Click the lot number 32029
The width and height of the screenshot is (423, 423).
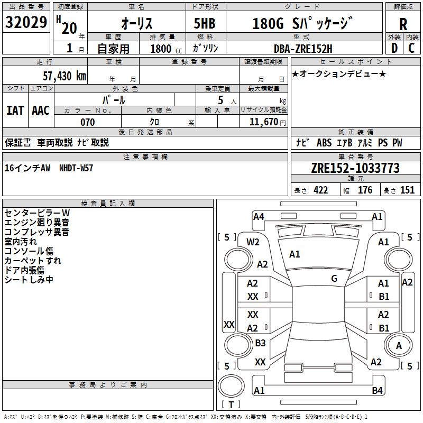[x=26, y=24]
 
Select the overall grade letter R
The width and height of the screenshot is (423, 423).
[x=403, y=24]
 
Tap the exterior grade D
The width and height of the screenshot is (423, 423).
[x=394, y=48]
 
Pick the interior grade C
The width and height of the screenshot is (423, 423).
[x=412, y=48]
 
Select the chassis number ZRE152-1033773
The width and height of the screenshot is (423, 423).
[x=355, y=169]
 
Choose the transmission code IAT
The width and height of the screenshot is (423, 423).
[x=15, y=110]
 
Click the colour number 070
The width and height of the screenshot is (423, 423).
[x=87, y=122]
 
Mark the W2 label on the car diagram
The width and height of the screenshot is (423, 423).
[x=253, y=242]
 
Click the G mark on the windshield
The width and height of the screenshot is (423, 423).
[x=334, y=279]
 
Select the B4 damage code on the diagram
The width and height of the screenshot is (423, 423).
[x=377, y=391]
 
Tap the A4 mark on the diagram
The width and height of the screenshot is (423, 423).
[x=259, y=216]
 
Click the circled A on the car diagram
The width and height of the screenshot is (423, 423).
[x=399, y=346]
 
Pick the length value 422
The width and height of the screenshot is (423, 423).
[x=320, y=190]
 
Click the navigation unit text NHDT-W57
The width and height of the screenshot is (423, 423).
[x=76, y=168]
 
